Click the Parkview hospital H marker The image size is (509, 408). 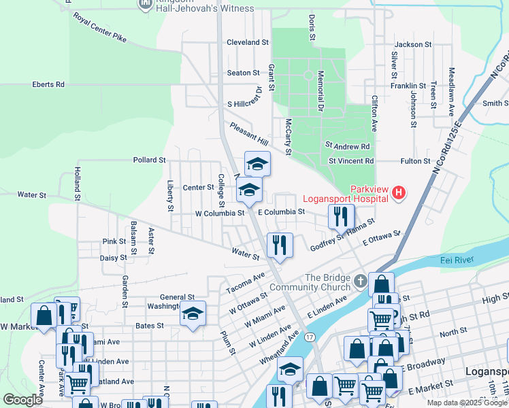399,194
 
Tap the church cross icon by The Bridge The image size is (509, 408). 361,280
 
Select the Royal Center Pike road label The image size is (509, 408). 100,27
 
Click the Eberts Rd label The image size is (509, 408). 48,84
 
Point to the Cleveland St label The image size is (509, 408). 248,42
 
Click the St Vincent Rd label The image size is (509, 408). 351,161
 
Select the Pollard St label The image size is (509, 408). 149,160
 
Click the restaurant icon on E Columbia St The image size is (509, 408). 340,216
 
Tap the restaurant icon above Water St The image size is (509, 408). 280,245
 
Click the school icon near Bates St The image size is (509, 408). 193,313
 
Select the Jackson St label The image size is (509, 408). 408,44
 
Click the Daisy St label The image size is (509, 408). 113,258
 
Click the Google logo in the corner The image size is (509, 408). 23,400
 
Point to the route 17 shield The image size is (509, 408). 310,337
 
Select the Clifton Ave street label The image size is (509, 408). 374,113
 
